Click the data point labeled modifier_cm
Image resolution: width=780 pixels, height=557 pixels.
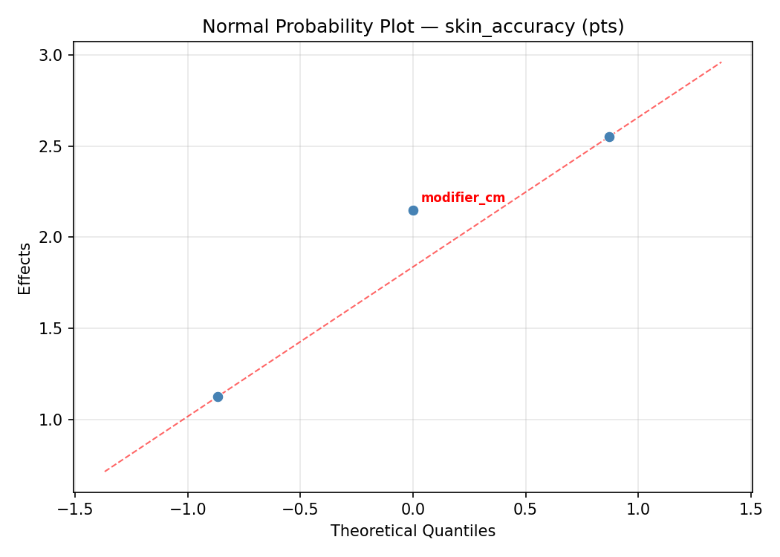[x=413, y=210]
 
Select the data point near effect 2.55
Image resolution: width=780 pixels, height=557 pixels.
[x=609, y=137]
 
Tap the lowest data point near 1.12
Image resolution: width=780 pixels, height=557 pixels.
[x=218, y=397]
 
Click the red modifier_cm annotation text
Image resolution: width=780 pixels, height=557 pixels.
[x=463, y=198]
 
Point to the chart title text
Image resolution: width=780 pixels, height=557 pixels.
[x=413, y=27]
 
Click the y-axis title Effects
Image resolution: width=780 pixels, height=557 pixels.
[x=25, y=268]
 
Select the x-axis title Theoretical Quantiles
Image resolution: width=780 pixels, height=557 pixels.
[x=413, y=531]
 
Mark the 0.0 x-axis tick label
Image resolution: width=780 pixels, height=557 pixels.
[x=413, y=510]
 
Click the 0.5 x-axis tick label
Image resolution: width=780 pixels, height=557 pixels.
[x=526, y=510]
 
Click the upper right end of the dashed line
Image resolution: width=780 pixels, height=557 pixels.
[x=721, y=62]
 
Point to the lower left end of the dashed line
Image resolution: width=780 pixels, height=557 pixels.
[x=105, y=472]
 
